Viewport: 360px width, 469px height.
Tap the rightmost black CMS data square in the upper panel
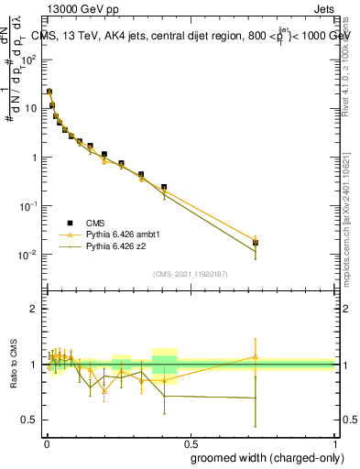[256, 243]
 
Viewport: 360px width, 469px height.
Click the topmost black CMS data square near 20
[49, 92]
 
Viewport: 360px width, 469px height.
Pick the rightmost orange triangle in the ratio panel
[256, 357]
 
